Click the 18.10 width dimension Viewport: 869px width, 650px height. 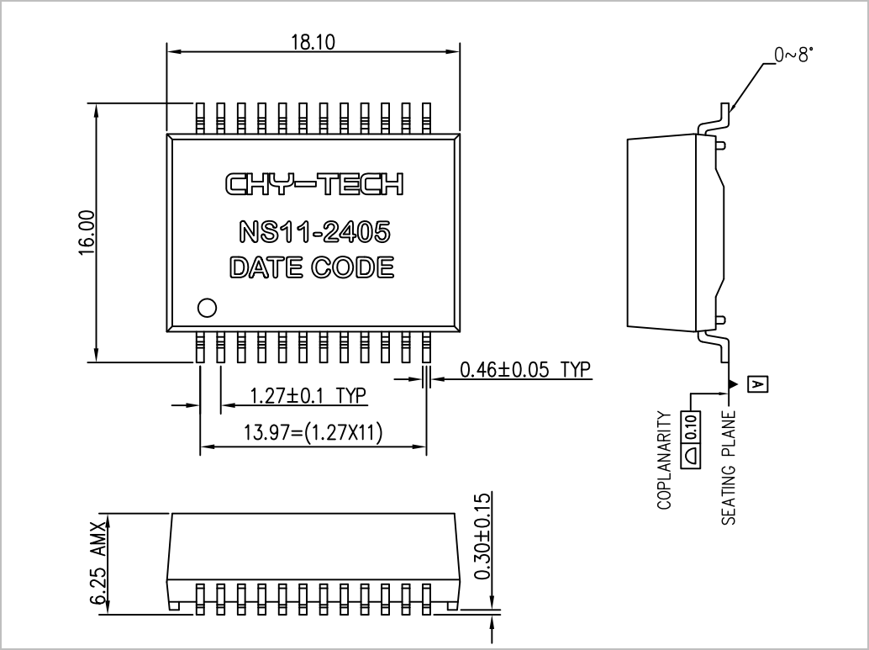click(x=313, y=42)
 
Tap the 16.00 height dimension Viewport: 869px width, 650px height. click(x=87, y=232)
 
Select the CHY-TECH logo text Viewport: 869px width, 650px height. click(x=314, y=184)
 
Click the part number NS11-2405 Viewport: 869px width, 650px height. click(x=314, y=232)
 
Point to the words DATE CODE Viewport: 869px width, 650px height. click(x=312, y=267)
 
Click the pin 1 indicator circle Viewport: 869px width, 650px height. click(x=208, y=308)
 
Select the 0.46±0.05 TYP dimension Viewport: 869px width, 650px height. click(x=525, y=369)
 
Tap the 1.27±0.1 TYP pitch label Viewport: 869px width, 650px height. click(x=308, y=396)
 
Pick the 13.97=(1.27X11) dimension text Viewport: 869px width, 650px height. click(x=313, y=432)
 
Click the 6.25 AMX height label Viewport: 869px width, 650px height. click(x=97, y=563)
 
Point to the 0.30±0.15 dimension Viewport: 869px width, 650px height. click(x=482, y=536)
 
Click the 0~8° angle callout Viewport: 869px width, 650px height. click(x=794, y=55)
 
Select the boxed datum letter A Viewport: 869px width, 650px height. click(x=758, y=383)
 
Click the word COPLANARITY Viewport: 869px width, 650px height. click(x=664, y=460)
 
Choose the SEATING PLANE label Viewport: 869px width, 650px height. click(x=729, y=468)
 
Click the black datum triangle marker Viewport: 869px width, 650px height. click(x=734, y=383)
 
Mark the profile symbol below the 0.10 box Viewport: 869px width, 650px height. click(x=693, y=455)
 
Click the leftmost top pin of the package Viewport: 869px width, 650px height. click(x=200, y=118)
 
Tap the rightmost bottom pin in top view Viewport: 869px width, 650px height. click(x=426, y=347)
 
